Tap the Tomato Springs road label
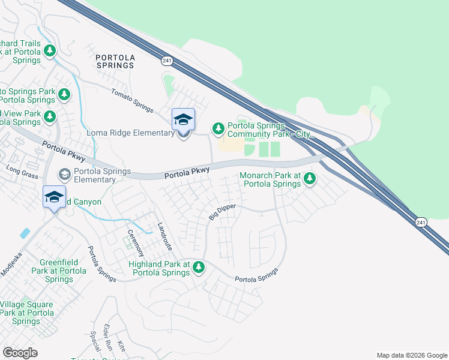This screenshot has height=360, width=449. [x=131, y=100]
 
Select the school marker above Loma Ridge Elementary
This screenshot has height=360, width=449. [x=183, y=119]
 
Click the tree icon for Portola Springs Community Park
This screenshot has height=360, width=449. [x=218, y=128]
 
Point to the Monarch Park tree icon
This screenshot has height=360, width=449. [x=310, y=178]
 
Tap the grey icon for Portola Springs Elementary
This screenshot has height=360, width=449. [x=64, y=174]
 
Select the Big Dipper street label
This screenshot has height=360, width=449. [x=222, y=212]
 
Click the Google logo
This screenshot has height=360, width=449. [x=20, y=353]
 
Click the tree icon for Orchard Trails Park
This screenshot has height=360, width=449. [x=51, y=50]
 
